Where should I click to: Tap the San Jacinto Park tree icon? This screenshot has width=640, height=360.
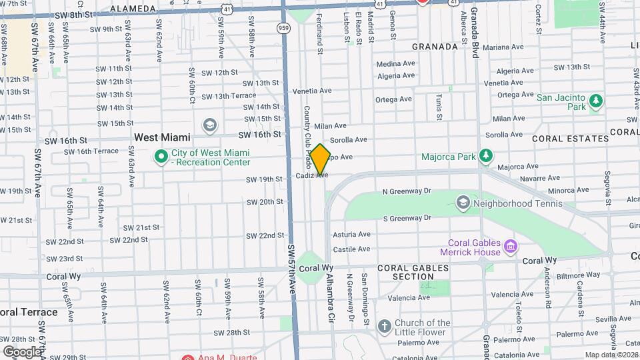(595, 102)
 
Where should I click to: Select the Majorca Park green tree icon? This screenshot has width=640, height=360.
(487, 157)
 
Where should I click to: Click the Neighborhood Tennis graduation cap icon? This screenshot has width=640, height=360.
(463, 201)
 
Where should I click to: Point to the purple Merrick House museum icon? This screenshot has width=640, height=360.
(511, 247)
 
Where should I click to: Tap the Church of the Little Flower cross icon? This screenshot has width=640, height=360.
(384, 327)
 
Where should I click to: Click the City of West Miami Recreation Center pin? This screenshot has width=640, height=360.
(161, 157)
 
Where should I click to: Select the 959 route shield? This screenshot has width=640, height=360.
(284, 28)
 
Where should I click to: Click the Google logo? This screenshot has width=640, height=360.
(22, 351)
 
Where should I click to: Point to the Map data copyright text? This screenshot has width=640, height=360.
(611, 355)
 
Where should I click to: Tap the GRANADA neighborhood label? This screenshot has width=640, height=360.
(435, 47)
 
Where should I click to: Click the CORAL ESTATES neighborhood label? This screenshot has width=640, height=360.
(571, 139)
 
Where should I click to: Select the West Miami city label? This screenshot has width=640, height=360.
(162, 137)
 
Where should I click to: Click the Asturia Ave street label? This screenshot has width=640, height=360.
(351, 234)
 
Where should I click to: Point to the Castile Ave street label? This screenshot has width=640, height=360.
(351, 249)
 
